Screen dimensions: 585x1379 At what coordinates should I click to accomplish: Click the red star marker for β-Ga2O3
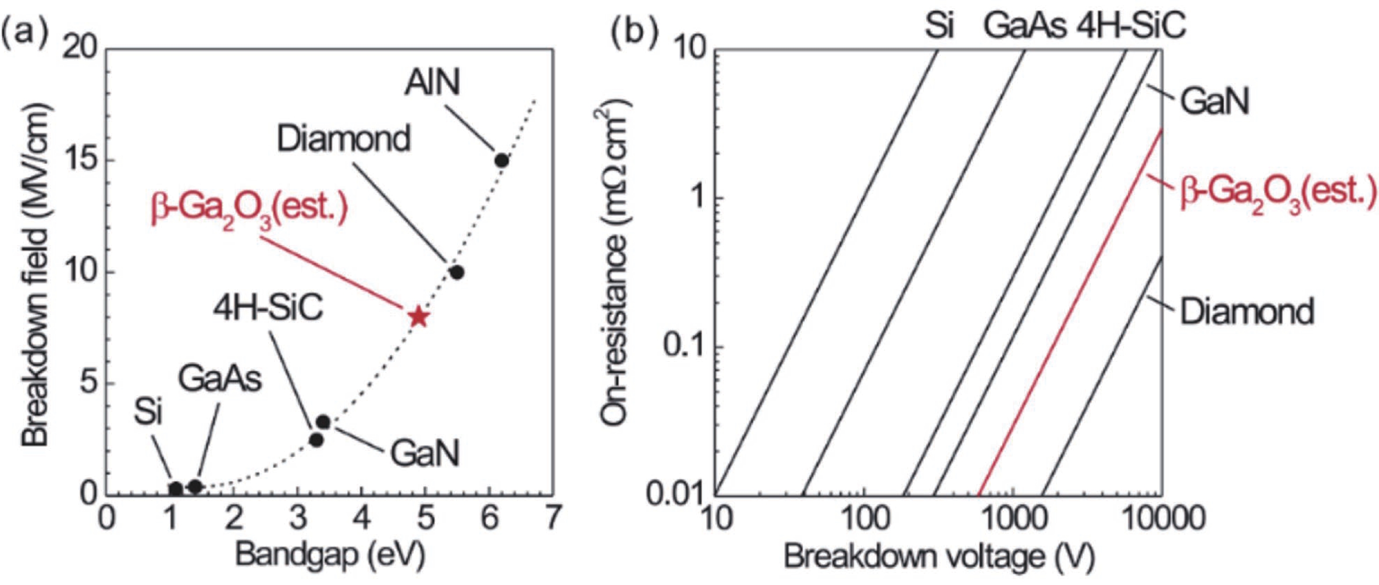coord(419,318)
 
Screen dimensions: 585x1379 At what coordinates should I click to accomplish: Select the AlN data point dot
coord(501,160)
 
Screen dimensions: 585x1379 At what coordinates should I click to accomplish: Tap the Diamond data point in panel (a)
coord(457,272)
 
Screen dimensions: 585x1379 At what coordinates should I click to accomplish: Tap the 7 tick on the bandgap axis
coord(552,518)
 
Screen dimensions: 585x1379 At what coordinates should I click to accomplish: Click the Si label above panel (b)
coord(939,27)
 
